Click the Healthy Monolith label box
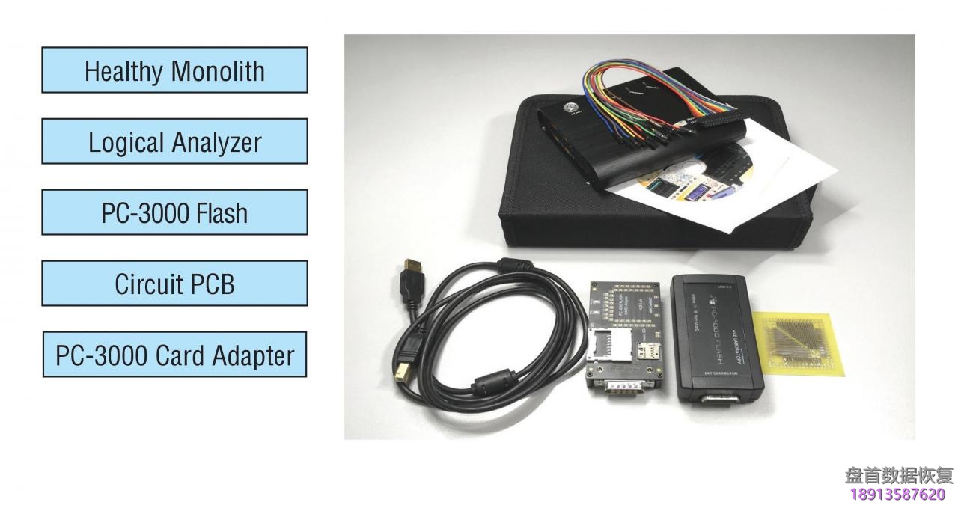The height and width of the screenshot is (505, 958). [x=174, y=70]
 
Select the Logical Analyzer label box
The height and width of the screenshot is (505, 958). [x=174, y=141]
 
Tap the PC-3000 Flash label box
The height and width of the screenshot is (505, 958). [x=174, y=213]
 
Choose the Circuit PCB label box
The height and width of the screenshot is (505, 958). [x=174, y=284]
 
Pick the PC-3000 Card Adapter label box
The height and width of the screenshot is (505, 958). [x=174, y=355]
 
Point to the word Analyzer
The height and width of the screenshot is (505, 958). [x=217, y=142]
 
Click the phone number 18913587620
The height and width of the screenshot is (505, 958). [x=898, y=494]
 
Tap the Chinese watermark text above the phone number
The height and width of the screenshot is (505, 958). [x=899, y=475]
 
